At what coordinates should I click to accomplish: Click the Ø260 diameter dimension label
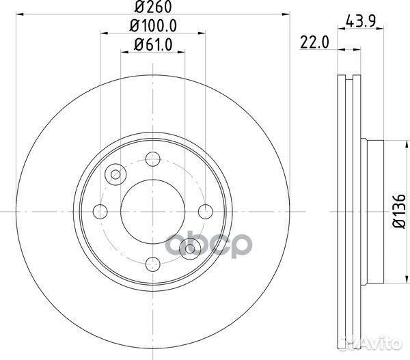pyautogui.click(x=153, y=7)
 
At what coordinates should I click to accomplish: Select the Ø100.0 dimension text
pyautogui.click(x=153, y=26)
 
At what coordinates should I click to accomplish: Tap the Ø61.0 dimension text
pyautogui.click(x=153, y=44)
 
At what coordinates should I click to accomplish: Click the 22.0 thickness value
pyautogui.click(x=314, y=42)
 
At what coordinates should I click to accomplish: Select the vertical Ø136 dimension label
pyautogui.click(x=399, y=211)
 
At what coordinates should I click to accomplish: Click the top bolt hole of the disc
pyautogui.click(x=153, y=159)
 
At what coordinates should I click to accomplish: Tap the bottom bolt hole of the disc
pyautogui.click(x=153, y=264)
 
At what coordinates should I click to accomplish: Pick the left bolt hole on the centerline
pyautogui.click(x=100, y=212)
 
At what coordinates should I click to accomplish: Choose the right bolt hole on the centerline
pyautogui.click(x=206, y=212)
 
